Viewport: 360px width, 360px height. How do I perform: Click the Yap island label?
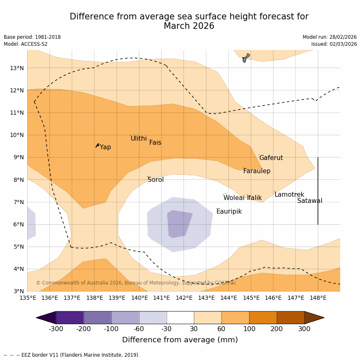[x=105, y=147]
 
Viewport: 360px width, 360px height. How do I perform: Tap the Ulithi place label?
[x=139, y=139]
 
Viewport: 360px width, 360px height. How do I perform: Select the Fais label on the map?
[x=155, y=143]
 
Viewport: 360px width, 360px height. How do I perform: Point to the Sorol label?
[x=155, y=180]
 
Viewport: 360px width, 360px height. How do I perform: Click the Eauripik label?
[x=229, y=212]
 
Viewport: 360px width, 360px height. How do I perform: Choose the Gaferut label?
[x=271, y=158]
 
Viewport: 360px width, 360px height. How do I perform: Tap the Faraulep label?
[x=256, y=171]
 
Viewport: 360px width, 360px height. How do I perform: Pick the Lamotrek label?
[x=289, y=195]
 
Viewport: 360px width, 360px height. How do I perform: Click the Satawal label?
[x=310, y=201]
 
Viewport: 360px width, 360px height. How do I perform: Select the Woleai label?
[x=234, y=198]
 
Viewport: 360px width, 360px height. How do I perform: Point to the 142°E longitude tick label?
[x=184, y=298]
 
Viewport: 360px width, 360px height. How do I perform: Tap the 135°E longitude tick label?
[x=28, y=298]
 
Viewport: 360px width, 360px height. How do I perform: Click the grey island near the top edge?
[x=246, y=58]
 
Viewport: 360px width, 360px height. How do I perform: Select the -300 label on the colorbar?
[x=56, y=329]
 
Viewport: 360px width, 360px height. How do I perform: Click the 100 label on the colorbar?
[x=249, y=329]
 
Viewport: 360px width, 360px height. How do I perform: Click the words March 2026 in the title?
[x=189, y=26]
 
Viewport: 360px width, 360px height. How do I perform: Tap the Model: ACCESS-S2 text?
[x=26, y=44]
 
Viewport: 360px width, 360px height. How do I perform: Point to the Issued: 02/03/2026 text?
[x=334, y=44]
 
